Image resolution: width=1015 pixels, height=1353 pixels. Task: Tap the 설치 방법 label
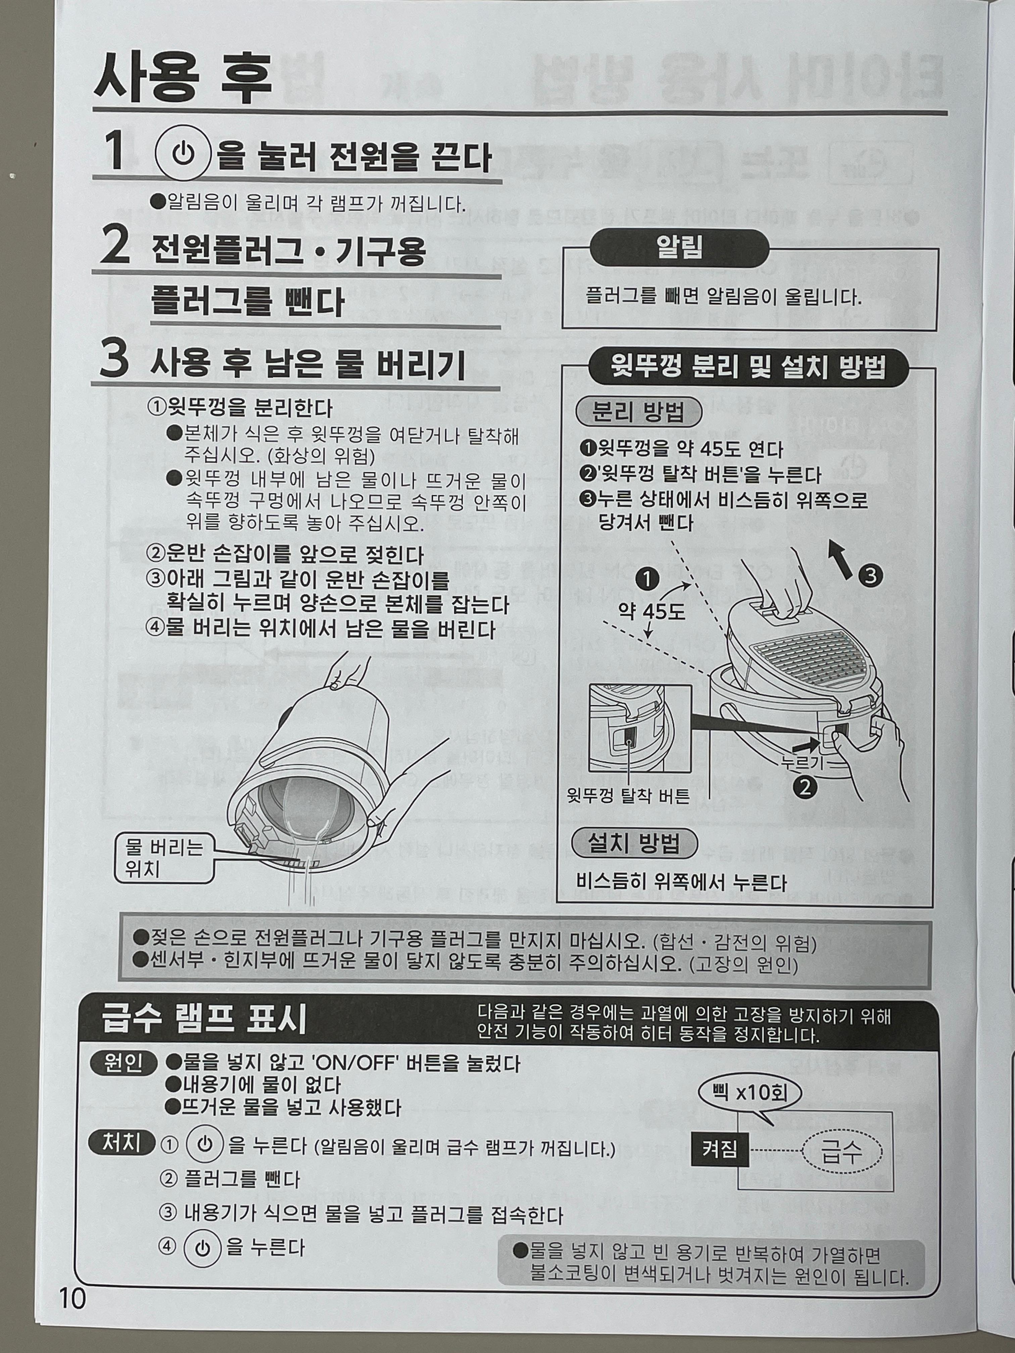tap(634, 844)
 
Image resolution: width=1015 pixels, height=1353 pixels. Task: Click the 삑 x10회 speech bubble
tap(750, 1093)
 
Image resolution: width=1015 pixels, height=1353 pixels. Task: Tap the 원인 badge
tap(123, 1064)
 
